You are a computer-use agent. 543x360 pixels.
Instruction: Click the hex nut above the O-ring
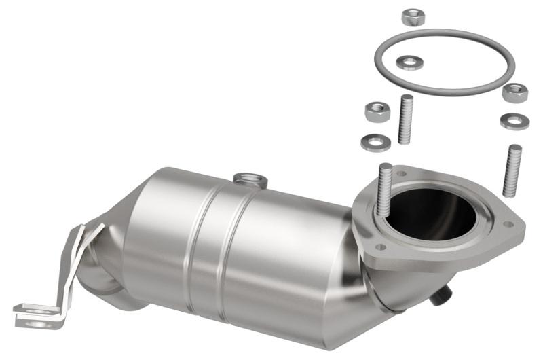click(x=413, y=17)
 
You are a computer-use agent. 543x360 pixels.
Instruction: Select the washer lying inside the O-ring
click(x=409, y=62)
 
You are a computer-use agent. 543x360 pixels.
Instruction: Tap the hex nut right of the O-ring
click(x=515, y=93)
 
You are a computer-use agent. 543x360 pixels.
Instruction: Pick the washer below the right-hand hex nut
click(x=514, y=121)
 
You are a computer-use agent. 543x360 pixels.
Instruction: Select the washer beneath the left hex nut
click(x=375, y=143)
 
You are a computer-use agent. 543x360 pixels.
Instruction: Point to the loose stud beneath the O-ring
click(x=406, y=120)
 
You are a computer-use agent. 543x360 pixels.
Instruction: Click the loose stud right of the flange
click(x=512, y=170)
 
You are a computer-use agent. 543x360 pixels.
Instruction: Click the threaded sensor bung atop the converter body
click(x=250, y=180)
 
